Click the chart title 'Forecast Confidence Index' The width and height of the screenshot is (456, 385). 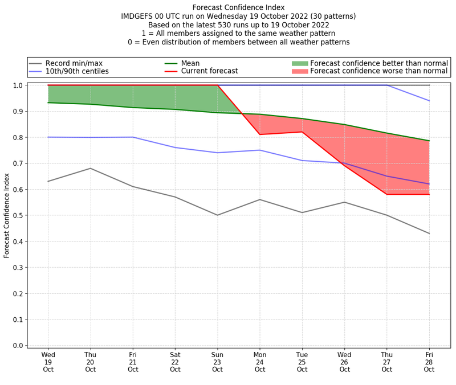pyautogui.click(x=238, y=7)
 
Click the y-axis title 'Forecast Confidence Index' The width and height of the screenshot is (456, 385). pyautogui.click(x=7, y=215)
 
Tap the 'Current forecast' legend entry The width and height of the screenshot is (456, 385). pyautogui.click(x=209, y=71)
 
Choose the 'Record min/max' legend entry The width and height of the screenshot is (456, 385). pyautogui.click(x=74, y=63)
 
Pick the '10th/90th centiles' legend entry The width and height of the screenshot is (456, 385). pyautogui.click(x=77, y=71)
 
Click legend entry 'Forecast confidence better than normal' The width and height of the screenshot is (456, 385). pyautogui.click(x=378, y=63)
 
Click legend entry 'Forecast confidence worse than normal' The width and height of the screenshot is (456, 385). pyautogui.click(x=378, y=71)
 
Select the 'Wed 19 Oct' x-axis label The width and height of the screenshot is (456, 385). pyautogui.click(x=48, y=362)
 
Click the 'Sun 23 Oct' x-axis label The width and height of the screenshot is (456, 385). pyautogui.click(x=217, y=362)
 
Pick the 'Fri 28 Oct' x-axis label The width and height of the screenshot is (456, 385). pyautogui.click(x=429, y=362)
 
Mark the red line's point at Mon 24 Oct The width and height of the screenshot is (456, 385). pyautogui.click(x=260, y=134)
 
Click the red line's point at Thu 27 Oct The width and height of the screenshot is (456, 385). pyautogui.click(x=387, y=194)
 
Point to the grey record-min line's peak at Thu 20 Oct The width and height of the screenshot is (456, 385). pyautogui.click(x=90, y=168)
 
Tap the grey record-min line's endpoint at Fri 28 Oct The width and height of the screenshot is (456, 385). pyautogui.click(x=429, y=234)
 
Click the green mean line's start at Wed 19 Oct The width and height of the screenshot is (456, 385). pyautogui.click(x=48, y=103)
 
